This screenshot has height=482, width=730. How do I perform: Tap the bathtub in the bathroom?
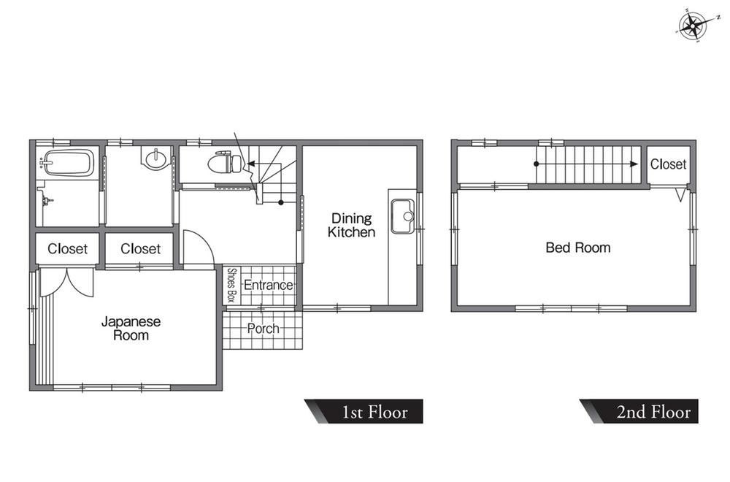click(69, 163)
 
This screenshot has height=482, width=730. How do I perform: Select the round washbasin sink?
click(155, 160)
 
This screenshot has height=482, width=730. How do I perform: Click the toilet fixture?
click(225, 163)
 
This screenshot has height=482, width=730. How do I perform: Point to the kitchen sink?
click(403, 216)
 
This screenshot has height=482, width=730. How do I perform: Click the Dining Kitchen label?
click(352, 225)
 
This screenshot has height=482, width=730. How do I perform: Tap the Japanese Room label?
click(131, 329)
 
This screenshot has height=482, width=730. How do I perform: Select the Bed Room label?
click(577, 248)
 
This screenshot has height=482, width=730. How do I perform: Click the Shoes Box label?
click(231, 285)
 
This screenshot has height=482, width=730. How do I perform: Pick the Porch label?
click(263, 329)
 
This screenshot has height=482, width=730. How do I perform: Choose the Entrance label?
click(268, 285)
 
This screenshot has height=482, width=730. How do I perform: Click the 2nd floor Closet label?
click(668, 164)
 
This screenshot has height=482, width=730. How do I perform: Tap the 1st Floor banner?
click(364, 411)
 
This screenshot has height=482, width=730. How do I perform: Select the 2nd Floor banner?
click(639, 411)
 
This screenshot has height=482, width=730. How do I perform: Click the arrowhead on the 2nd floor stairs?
click(634, 164)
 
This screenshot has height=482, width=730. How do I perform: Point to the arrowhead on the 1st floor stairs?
click(250, 164)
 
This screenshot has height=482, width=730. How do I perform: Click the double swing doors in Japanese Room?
click(67, 282)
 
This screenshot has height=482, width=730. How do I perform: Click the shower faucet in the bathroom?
click(46, 201)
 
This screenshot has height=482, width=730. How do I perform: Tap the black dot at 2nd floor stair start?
click(537, 164)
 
